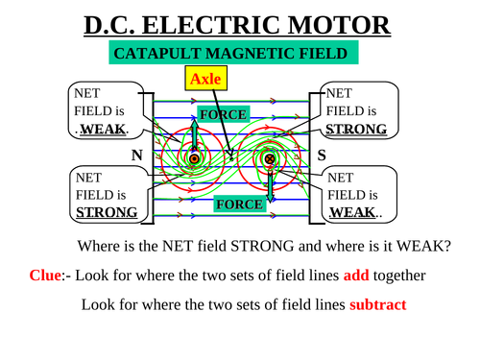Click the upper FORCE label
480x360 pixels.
[x=223, y=115]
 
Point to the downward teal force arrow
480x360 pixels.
[x=270, y=183]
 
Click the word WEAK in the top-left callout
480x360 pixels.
[x=100, y=130]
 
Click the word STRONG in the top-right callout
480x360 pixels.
[x=356, y=129]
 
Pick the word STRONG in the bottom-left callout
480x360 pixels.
[x=107, y=211]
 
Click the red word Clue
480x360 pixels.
[x=45, y=276]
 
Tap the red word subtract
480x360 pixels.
[x=377, y=305]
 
